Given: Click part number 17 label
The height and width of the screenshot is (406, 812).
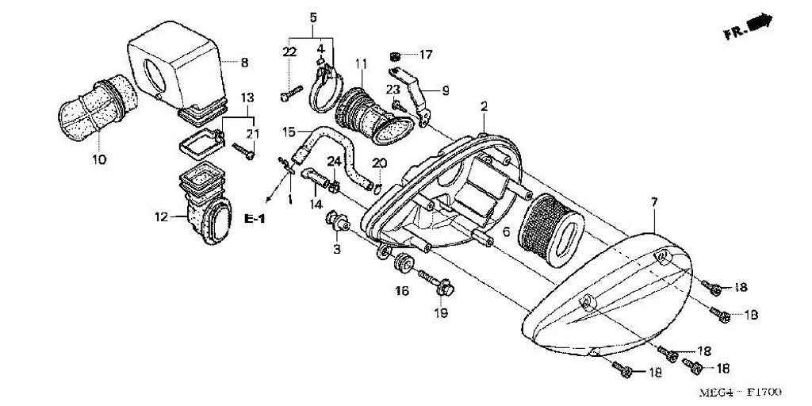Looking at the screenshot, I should (427, 55).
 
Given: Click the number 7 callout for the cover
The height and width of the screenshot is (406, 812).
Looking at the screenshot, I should (655, 203).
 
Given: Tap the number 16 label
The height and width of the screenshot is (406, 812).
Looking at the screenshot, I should (402, 292).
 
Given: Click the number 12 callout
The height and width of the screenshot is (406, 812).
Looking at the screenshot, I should (161, 216).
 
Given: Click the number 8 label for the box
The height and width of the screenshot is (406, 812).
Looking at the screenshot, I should (244, 62).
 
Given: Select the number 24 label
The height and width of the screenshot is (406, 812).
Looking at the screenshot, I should (335, 161).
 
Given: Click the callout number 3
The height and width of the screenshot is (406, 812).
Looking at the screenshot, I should (335, 249).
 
